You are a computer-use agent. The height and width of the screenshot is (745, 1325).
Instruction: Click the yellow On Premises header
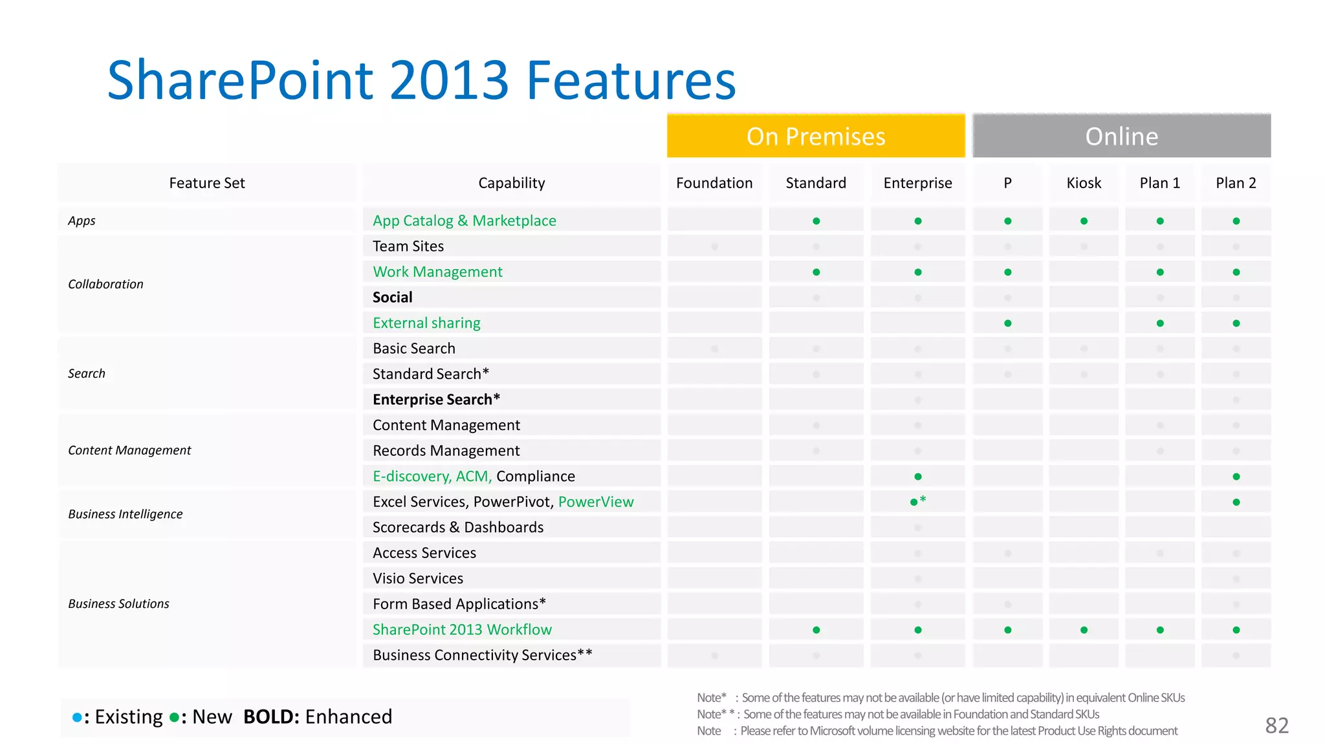coord(816,136)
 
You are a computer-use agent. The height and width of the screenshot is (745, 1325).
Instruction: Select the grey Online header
coord(1121,136)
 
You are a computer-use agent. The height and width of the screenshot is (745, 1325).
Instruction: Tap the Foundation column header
coord(714,183)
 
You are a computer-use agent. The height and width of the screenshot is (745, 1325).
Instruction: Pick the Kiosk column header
coord(1084,183)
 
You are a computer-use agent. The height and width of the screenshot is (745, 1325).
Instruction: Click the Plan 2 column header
coord(1236,183)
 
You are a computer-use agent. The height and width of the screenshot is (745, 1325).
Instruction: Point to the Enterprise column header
coord(917,183)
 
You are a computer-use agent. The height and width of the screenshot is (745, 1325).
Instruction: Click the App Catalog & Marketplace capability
coord(464,221)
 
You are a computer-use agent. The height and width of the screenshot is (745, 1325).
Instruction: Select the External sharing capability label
coord(426,323)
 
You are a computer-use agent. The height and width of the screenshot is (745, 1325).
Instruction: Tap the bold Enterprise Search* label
coord(436,400)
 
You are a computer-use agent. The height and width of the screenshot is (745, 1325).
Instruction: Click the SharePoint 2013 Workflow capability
coord(462,629)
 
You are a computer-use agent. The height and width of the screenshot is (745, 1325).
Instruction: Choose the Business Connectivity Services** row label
coord(482,655)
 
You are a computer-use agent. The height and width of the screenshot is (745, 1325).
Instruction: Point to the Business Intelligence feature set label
coord(126,514)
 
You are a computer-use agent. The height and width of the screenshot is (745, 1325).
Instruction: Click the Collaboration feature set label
coord(105,284)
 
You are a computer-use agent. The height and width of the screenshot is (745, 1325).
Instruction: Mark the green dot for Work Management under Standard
coord(816,272)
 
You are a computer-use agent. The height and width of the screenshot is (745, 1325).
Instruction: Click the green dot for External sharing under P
coord(1008,323)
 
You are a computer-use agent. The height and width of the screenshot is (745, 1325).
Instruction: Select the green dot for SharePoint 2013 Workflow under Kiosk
coord(1084,630)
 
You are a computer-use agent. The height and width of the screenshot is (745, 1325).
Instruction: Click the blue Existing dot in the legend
coord(77,717)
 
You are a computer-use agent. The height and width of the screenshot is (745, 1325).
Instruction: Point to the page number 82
coord(1276,726)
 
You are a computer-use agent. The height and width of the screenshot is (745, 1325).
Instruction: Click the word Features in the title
coord(631,80)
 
